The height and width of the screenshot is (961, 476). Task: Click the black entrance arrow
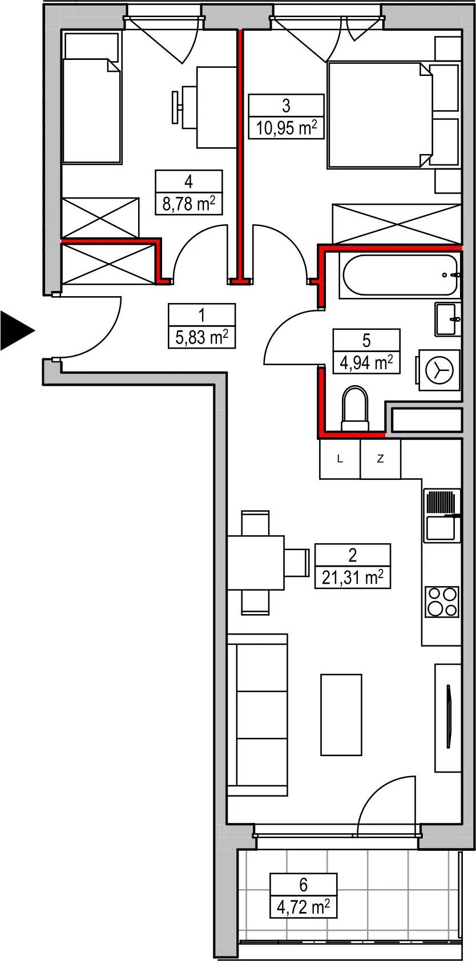(x=15, y=330)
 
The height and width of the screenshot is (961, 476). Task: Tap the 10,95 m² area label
(x=287, y=128)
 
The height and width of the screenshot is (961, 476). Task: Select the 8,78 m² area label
(x=189, y=204)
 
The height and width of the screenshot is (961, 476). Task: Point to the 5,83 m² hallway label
(x=201, y=337)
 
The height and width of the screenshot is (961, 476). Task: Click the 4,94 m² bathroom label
(x=366, y=363)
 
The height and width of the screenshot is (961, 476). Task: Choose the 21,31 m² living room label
(x=353, y=578)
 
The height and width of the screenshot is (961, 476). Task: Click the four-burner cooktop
(x=442, y=601)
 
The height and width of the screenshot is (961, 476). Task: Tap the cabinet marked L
(x=340, y=459)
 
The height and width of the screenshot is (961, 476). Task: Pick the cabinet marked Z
(x=380, y=459)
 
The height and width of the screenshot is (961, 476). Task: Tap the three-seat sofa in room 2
(x=257, y=714)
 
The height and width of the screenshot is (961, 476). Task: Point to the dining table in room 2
(x=256, y=563)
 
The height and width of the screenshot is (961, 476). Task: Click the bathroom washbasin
(x=448, y=319)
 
